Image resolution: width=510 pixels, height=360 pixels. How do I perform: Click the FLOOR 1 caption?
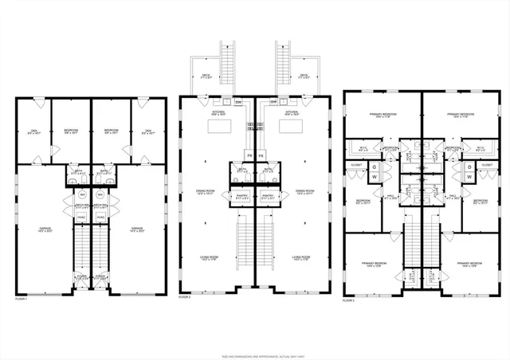coord(22,299)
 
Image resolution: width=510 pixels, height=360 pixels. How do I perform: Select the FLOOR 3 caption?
coord(349,301)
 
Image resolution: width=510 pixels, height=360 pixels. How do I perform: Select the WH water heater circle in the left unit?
coord(82,194)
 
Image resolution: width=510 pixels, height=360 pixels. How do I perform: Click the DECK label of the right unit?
coord(304,76)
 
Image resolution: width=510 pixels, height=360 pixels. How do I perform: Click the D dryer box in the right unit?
coord(469,166)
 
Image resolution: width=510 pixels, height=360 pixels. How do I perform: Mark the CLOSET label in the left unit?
coord(356,165)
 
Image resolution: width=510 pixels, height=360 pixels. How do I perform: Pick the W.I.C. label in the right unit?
coord(480,148)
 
